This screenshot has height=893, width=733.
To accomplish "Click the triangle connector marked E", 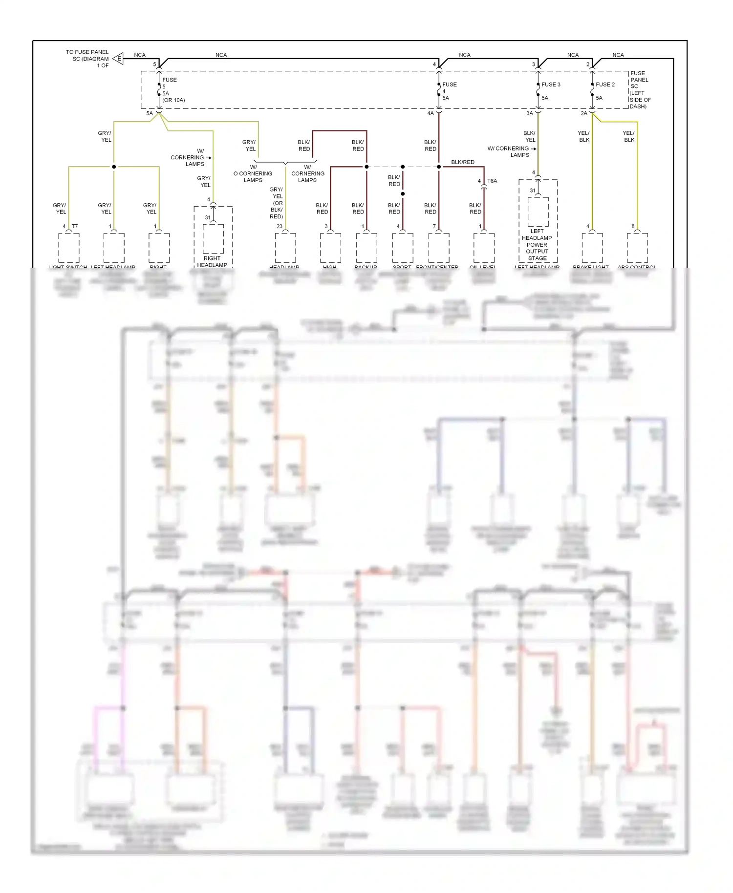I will [118, 59].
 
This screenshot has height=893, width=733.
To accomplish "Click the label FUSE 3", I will [551, 85].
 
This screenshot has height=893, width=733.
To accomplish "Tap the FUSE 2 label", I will [605, 85].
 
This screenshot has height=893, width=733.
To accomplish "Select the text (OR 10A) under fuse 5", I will [173, 100].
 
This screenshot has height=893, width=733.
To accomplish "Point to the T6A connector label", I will [492, 181].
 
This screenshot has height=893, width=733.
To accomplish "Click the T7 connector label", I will [75, 226].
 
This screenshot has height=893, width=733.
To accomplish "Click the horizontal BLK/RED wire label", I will [462, 162].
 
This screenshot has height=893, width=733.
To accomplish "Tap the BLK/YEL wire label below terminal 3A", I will [529, 136].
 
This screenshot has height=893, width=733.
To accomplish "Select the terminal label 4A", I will [431, 113].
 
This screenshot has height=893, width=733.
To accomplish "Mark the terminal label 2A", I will [584, 113].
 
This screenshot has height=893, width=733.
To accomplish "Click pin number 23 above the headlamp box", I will [279, 226].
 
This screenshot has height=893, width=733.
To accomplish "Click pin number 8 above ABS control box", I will [633, 226].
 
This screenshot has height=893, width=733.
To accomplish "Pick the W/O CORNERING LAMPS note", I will [253, 173].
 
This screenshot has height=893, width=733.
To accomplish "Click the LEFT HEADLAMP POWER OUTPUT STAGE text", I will [537, 245].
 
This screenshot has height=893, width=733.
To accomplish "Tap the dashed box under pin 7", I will [439, 248].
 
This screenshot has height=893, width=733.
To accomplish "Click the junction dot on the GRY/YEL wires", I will [114, 167].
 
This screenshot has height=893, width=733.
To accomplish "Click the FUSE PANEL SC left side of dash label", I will [640, 89].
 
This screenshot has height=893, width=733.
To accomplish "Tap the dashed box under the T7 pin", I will [69, 248].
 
